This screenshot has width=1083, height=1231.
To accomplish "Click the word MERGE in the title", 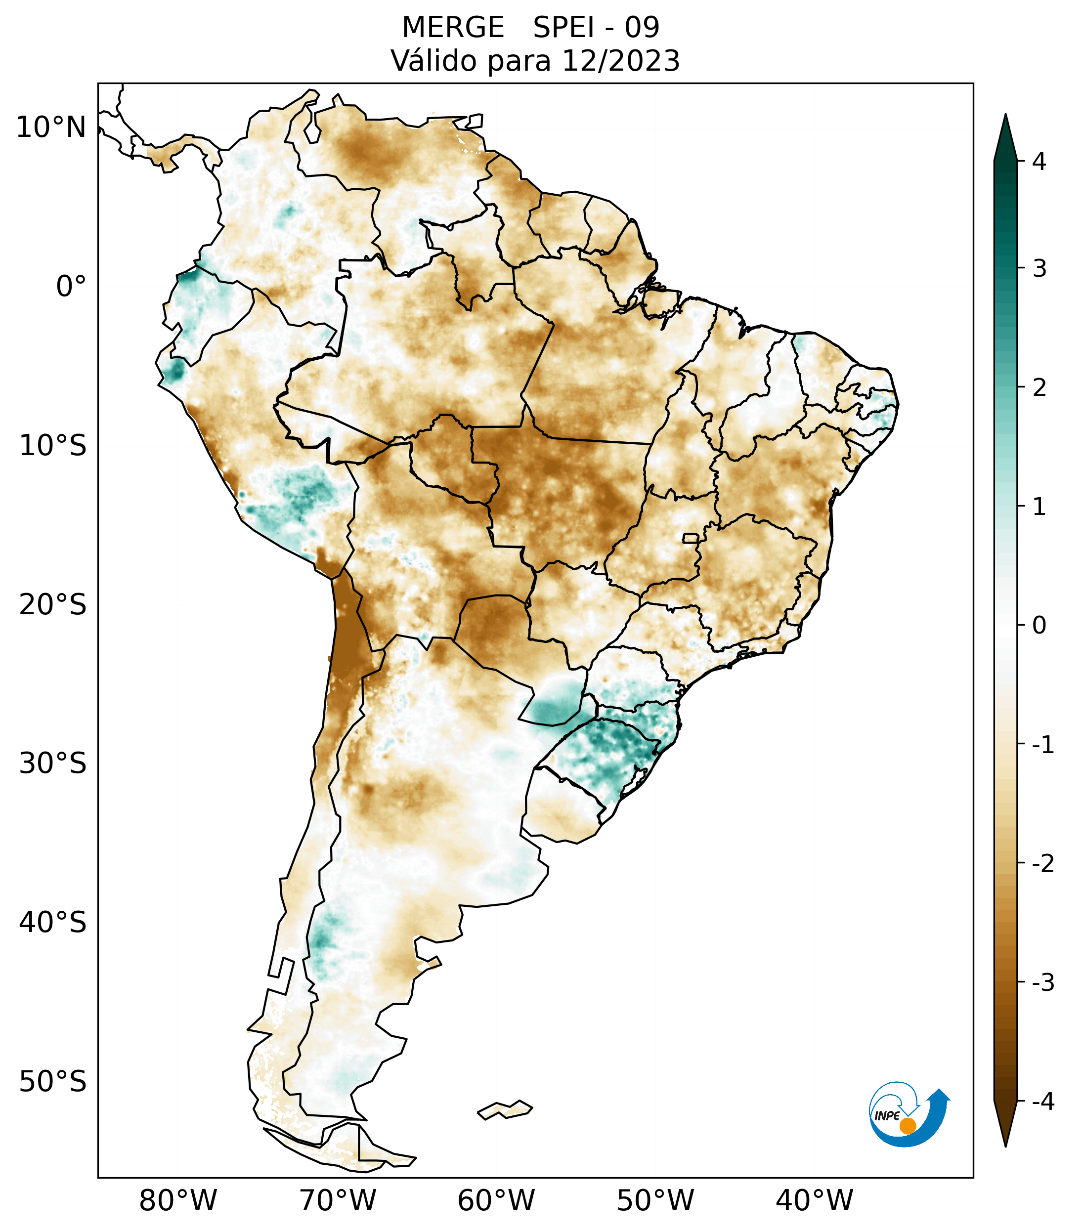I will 453,28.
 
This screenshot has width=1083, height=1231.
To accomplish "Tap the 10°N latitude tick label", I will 51,127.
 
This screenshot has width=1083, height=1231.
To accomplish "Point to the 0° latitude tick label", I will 71,287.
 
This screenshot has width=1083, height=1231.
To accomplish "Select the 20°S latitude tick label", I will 53,605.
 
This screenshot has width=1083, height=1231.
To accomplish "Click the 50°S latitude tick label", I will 53,1082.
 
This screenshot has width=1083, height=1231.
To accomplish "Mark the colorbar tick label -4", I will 1042,1102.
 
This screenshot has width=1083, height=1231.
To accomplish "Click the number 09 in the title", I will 642,28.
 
